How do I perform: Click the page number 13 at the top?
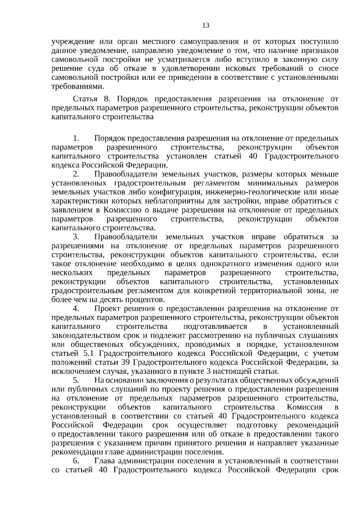[x=206, y=25]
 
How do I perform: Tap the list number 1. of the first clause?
[x=76, y=138]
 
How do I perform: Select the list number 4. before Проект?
[x=76, y=309]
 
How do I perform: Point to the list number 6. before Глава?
[x=76, y=461]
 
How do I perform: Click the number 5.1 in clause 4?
[x=89, y=353]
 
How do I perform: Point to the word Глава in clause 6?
[x=105, y=461]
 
